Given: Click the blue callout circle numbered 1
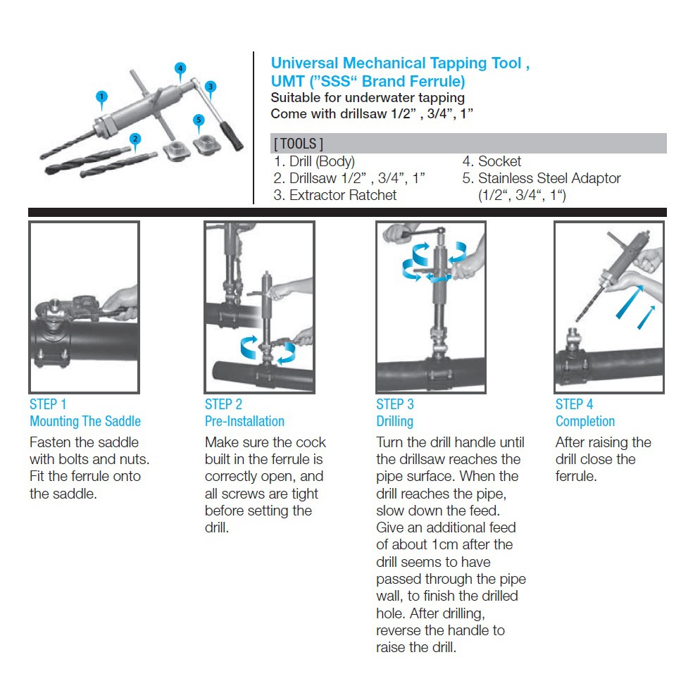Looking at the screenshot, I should (x=102, y=96).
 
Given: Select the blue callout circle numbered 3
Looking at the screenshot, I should (x=211, y=86).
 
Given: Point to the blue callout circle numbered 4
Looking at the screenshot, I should (x=181, y=68).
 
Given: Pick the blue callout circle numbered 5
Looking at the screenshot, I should (x=199, y=119).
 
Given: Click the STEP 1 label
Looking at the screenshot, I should (x=48, y=404).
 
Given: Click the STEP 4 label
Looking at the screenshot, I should (x=574, y=404).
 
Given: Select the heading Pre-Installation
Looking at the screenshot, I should (x=244, y=421).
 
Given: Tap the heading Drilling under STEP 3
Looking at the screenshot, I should (x=394, y=421).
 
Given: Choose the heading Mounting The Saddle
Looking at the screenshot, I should (x=85, y=421).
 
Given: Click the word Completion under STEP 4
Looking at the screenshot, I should (x=585, y=421).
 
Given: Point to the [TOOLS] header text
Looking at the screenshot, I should (x=297, y=144).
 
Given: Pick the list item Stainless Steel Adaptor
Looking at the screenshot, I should (x=549, y=178).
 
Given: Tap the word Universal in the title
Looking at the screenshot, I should (x=304, y=63).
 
